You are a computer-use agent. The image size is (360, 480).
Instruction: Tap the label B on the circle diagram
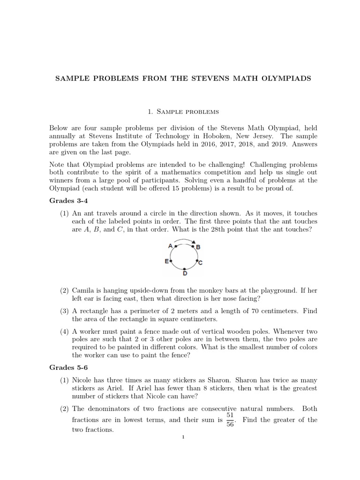click(x=198, y=247)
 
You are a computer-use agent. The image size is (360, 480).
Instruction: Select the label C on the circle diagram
click(x=200, y=263)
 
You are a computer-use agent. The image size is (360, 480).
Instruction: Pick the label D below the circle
click(x=185, y=273)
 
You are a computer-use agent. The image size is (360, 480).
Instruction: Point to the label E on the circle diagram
click(x=166, y=261)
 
